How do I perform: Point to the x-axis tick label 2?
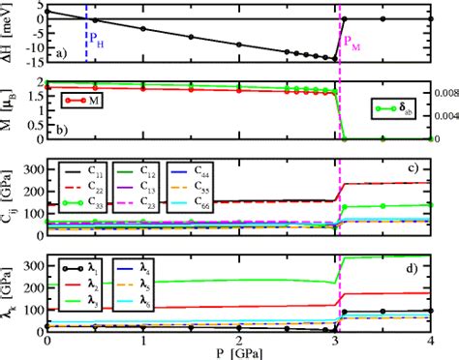click(240, 340)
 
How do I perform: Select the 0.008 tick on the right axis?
click(444, 93)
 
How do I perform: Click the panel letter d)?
click(413, 270)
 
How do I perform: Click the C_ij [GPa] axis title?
click(12, 199)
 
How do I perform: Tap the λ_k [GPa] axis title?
click(12, 292)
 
